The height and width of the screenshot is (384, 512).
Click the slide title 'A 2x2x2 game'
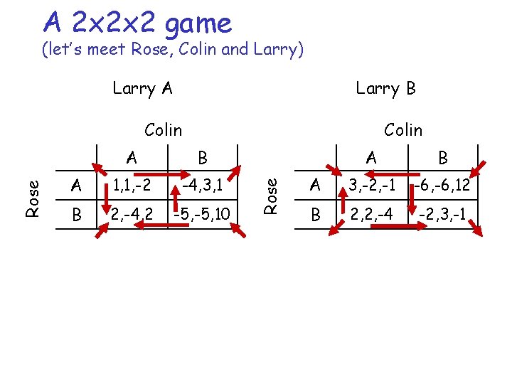tap(137, 23)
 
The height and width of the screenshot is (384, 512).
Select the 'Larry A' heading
tap(142, 88)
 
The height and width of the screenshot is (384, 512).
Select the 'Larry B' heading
tap(385, 88)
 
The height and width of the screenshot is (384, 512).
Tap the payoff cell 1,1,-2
tap(130, 186)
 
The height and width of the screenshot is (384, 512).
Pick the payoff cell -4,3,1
tap(202, 186)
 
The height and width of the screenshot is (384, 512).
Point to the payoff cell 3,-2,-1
tap(370, 186)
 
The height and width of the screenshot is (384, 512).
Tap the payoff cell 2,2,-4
tap(370, 213)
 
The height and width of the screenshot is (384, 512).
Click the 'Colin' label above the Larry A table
tap(163, 129)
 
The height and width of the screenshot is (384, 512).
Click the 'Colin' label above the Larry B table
tap(402, 129)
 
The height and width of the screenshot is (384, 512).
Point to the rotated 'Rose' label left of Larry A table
tap(31, 198)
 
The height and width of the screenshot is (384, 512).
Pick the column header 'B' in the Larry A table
tap(203, 156)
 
